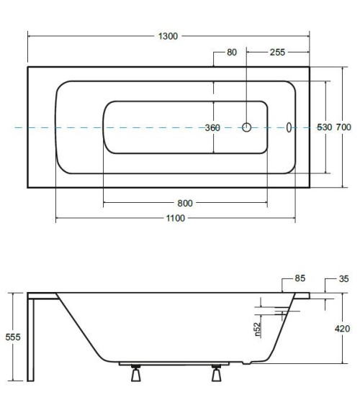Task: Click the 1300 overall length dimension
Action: (168, 36)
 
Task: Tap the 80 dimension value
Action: (232, 53)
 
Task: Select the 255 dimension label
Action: (277, 53)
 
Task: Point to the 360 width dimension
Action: (212, 127)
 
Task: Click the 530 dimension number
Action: (324, 127)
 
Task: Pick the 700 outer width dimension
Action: (343, 127)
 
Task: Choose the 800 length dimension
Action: (185, 204)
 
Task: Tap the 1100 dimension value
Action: (175, 218)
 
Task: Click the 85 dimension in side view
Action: (300, 278)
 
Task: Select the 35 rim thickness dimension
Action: (343, 278)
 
